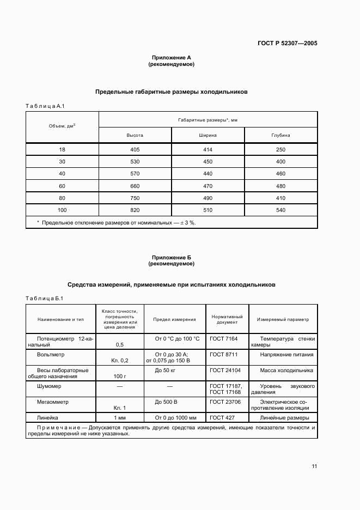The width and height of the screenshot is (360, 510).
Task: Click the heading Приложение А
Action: point(171,57)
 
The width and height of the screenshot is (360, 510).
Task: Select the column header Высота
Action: point(135,135)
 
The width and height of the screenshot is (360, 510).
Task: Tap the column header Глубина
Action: point(280,135)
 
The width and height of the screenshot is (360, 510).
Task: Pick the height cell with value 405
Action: point(135,149)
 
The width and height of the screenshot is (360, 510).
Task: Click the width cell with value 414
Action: point(208,149)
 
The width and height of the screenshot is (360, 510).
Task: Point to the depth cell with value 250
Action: point(280,149)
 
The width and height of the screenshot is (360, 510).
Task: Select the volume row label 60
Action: point(62,186)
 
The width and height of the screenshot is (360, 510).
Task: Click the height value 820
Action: point(135,210)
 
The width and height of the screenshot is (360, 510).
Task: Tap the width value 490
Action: point(208,198)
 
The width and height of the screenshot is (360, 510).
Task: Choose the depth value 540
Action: point(280,210)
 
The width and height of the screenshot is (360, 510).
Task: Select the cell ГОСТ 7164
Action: point(221,339)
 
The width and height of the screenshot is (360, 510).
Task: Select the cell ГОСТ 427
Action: point(220,417)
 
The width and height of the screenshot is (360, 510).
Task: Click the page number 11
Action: point(314,466)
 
